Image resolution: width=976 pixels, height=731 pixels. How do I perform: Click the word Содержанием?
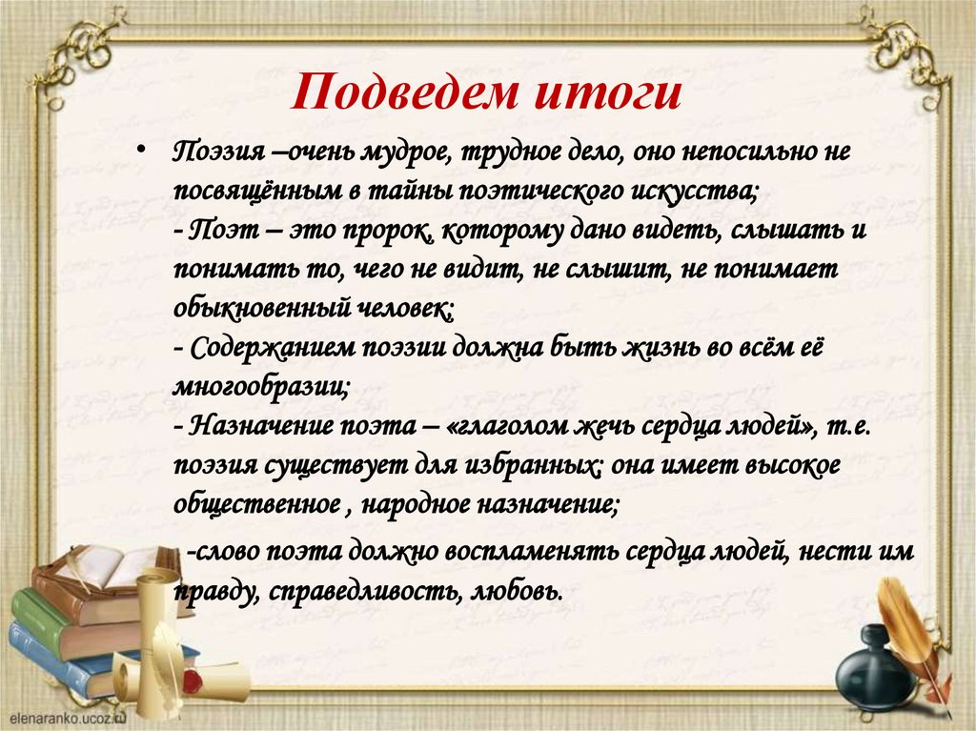(273, 348)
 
